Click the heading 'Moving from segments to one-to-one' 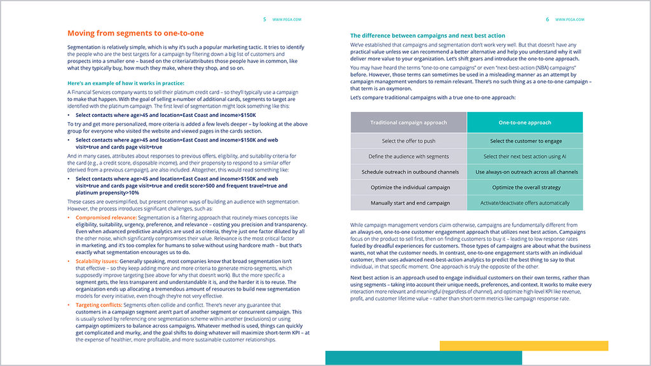[x=135, y=33]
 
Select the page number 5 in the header [x=264, y=20]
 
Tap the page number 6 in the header [x=547, y=20]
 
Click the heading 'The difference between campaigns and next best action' [x=428, y=36]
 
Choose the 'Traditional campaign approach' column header [x=409, y=123]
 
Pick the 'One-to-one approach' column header [x=524, y=123]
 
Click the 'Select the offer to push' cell [x=409, y=140]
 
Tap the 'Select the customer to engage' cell [x=524, y=140]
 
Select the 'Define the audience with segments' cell [x=409, y=156]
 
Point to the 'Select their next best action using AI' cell [x=524, y=156]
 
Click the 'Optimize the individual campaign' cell [x=409, y=187]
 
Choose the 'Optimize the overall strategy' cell [x=524, y=187]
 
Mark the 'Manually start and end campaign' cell [x=409, y=203]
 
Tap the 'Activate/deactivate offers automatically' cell [x=524, y=203]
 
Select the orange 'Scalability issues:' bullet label [x=96, y=261]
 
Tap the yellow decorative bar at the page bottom [x=524, y=346]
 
